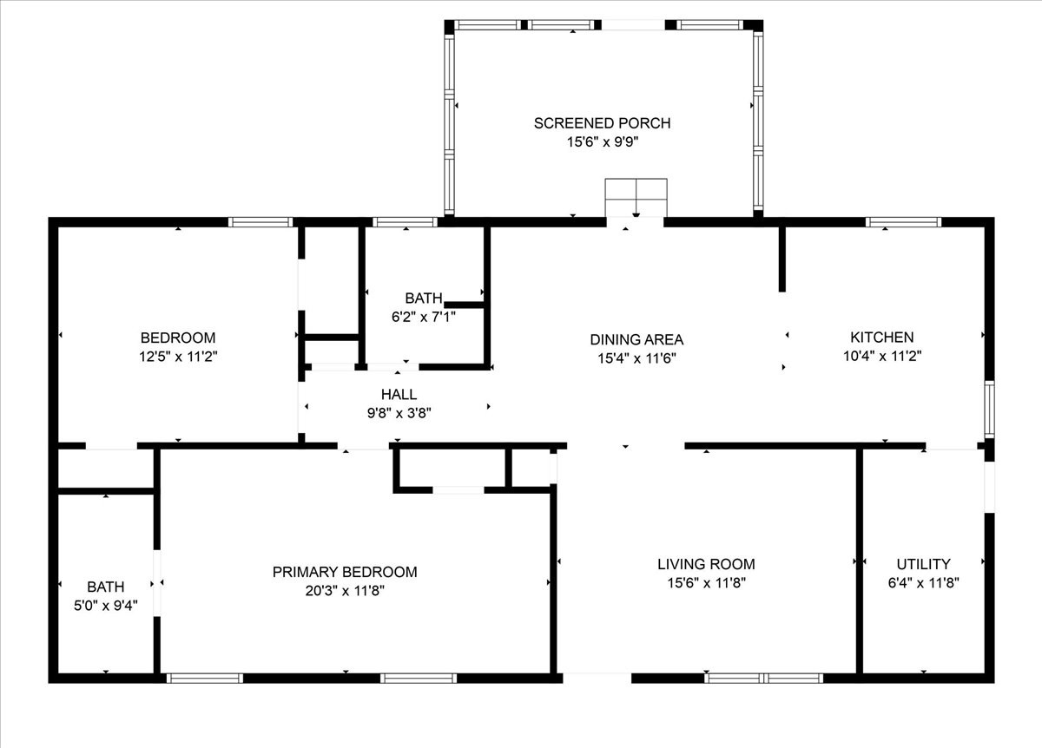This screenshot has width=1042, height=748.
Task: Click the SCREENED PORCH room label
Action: click(602, 123)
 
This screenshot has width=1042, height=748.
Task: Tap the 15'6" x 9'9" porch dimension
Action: click(603, 141)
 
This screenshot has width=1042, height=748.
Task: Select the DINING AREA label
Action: click(636, 340)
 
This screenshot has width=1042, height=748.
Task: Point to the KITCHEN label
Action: click(882, 337)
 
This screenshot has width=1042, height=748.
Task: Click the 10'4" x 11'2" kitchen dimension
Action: click(882, 356)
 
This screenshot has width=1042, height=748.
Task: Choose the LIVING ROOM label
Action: click(706, 564)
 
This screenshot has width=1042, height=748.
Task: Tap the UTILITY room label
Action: click(923, 564)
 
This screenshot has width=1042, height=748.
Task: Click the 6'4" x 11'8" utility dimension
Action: click(923, 583)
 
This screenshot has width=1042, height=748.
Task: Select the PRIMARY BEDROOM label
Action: click(345, 572)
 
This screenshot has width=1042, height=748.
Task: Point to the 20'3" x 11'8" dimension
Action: click(345, 591)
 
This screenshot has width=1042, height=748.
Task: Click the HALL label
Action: click(399, 394)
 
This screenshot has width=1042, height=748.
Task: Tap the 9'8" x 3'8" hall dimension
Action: click(399, 413)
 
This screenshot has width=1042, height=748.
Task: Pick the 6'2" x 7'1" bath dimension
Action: click(424, 317)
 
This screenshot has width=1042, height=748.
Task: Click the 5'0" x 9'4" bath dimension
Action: click(106, 606)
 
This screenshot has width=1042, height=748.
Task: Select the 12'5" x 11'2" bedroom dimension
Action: click(178, 357)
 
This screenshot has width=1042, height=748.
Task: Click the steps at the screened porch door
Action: click(636, 198)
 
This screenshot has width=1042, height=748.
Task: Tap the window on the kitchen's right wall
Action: click(989, 409)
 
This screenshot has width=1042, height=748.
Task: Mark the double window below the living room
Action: click(763, 679)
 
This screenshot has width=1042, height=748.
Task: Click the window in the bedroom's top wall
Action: click(260, 222)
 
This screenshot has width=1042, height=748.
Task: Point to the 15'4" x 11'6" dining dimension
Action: click(636, 358)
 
